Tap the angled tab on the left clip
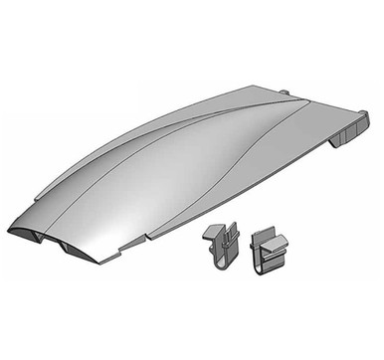coord(213,235)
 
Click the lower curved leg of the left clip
coord(218,263)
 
